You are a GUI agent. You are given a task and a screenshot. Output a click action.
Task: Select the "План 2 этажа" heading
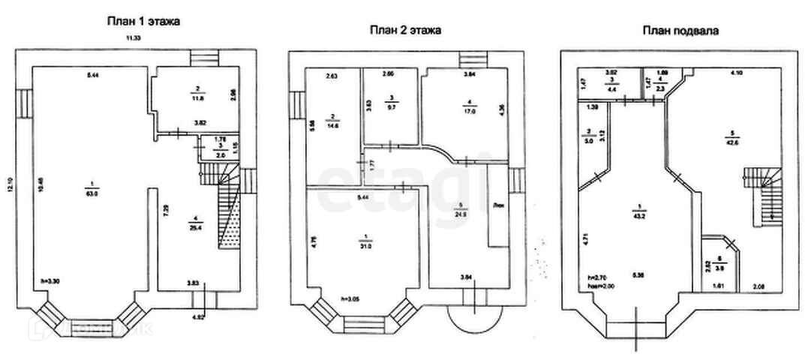pyautogui.click(x=404, y=31)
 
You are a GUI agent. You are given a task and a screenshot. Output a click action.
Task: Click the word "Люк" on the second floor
pyautogui.click(x=497, y=204)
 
